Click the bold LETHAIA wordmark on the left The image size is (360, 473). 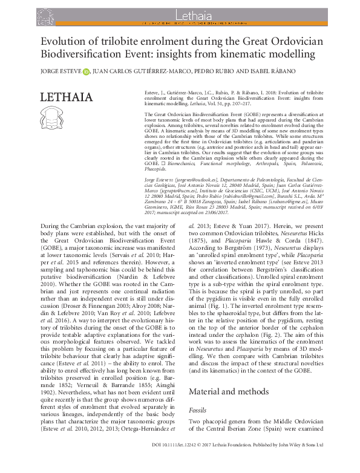coord(67,97)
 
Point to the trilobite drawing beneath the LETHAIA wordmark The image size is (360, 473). coord(56,120)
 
